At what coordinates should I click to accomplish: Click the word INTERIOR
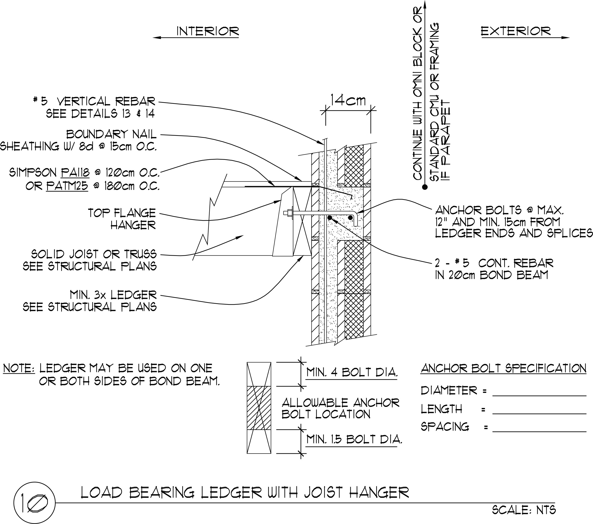(208, 31)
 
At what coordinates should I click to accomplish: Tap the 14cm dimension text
(348, 100)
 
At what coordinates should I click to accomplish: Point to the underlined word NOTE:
(19, 368)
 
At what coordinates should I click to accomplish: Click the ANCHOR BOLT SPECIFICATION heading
(504, 368)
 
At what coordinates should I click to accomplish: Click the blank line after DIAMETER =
(539, 396)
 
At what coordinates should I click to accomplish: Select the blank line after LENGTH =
(539, 414)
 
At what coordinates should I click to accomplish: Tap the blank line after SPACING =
(539, 432)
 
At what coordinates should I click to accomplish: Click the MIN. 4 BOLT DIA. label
(352, 372)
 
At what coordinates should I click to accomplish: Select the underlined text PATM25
(67, 186)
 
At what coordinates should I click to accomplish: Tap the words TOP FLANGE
(122, 213)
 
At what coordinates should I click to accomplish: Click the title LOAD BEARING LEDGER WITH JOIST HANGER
(245, 493)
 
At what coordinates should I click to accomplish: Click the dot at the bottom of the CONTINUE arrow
(425, 187)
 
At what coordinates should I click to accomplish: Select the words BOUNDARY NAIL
(111, 134)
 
